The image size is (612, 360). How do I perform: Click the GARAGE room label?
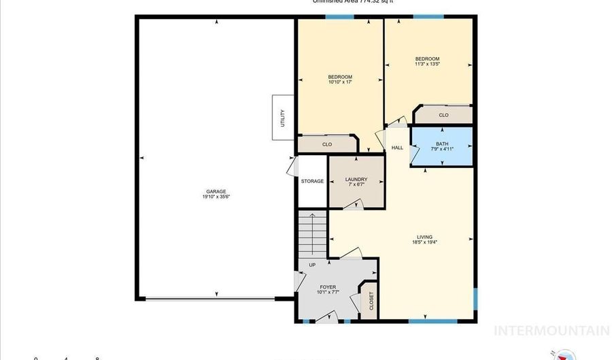[216, 191]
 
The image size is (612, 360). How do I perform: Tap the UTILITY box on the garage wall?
[283, 117]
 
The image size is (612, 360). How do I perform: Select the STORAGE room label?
[312, 181]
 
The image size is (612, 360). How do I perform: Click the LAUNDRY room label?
[356, 180]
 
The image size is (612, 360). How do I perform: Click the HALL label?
[397, 148]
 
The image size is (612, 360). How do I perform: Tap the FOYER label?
[328, 288]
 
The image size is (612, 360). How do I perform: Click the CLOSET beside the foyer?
[371, 300]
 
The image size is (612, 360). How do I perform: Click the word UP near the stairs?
[312, 265]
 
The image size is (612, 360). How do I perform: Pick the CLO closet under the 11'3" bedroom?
[443, 116]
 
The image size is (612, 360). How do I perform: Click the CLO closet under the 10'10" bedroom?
[327, 144]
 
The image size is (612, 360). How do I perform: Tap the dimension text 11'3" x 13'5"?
[428, 65]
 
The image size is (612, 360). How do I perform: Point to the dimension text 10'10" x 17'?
[340, 82]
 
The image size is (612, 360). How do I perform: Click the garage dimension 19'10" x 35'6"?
[216, 197]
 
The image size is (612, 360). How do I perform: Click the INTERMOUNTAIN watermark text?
[551, 331]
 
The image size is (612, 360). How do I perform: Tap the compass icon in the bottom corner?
[561, 355]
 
